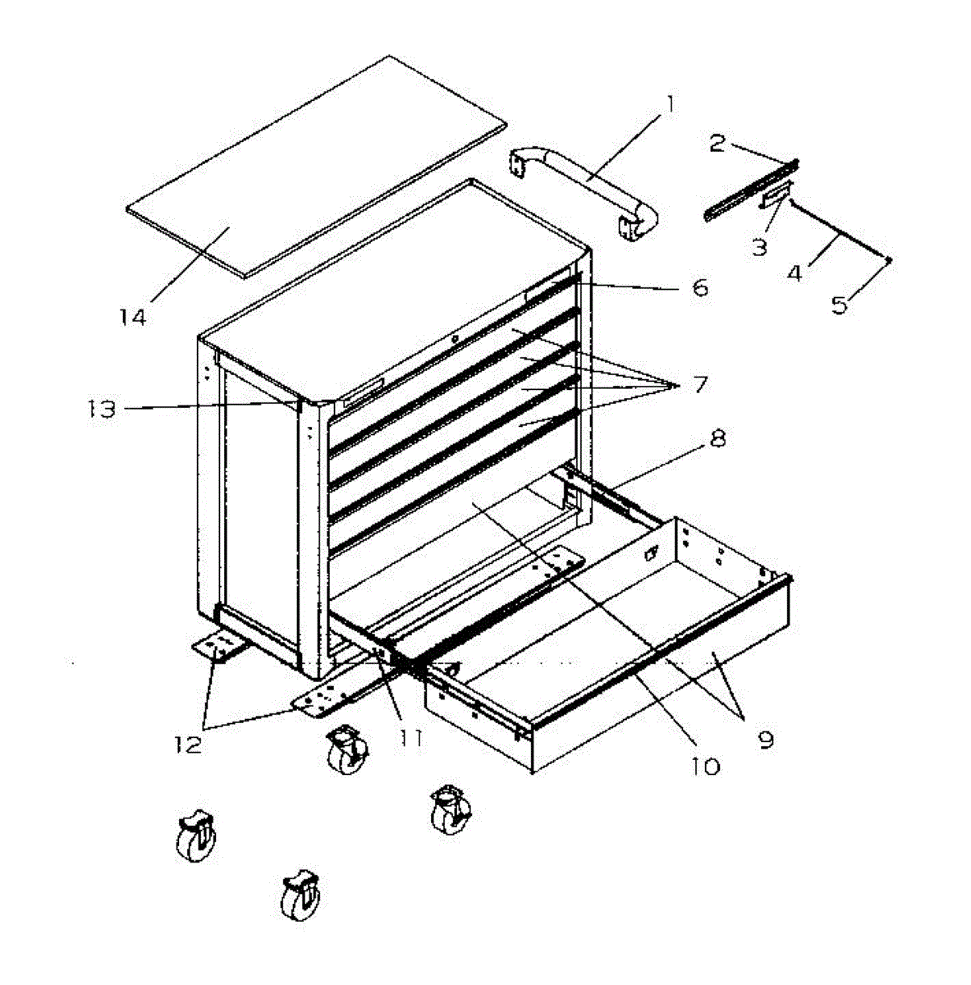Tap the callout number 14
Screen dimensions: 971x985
tap(132, 316)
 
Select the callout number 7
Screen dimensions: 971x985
tap(699, 383)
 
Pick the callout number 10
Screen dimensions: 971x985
tap(704, 765)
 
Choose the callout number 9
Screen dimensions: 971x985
tap(765, 739)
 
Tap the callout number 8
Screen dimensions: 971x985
tap(717, 438)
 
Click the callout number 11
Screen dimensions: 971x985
tap(410, 737)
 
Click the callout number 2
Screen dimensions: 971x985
tap(717, 144)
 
